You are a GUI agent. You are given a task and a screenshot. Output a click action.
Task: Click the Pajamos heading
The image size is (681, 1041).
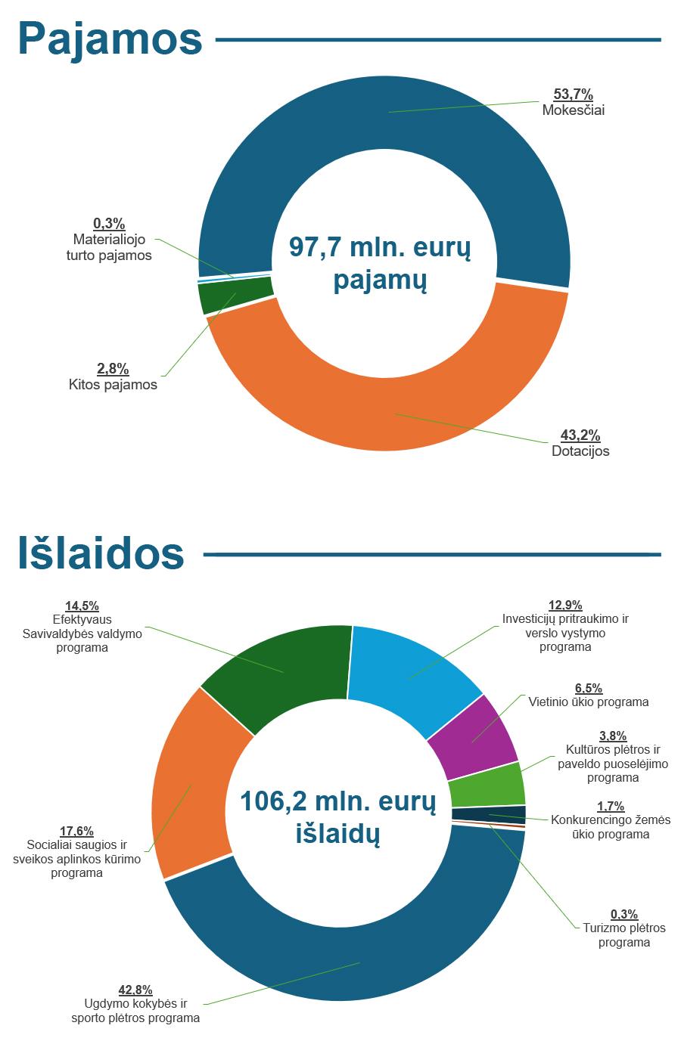(x=110, y=39)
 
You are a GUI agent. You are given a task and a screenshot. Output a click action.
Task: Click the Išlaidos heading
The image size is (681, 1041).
(x=101, y=554)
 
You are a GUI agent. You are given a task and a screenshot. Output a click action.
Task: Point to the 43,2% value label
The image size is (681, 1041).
(x=580, y=435)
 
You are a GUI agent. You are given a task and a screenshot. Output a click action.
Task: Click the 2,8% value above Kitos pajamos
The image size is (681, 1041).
(x=113, y=369)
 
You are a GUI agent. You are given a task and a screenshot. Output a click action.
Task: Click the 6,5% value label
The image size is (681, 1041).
(x=588, y=688)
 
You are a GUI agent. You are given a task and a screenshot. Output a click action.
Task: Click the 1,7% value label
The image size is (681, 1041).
(x=611, y=806)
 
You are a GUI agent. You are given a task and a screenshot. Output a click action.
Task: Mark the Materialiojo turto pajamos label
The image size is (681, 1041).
(x=109, y=247)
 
